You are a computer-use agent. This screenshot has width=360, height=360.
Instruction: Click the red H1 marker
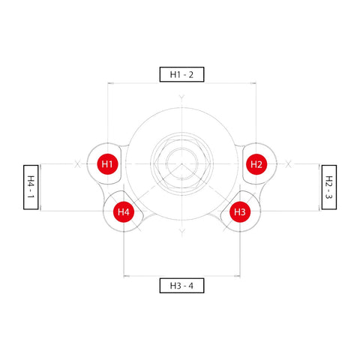(x=107, y=164)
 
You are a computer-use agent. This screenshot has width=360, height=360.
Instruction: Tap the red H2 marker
(x=256, y=164)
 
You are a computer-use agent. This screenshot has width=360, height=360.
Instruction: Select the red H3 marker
(x=240, y=212)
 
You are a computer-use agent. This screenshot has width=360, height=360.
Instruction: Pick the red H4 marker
(x=124, y=212)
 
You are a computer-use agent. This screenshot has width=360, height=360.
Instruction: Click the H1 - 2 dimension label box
(x=181, y=74)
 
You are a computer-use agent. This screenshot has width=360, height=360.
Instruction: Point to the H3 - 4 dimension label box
(x=181, y=286)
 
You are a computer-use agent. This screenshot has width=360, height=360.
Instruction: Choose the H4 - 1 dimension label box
(x=31, y=187)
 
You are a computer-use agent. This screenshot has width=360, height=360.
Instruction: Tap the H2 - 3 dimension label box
(x=329, y=187)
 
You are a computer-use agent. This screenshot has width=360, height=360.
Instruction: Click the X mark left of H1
(x=77, y=164)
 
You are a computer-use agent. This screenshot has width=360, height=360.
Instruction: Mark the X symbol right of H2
(x=289, y=164)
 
